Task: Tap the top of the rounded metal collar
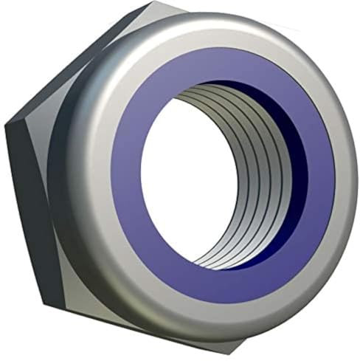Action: pos(214,26)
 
